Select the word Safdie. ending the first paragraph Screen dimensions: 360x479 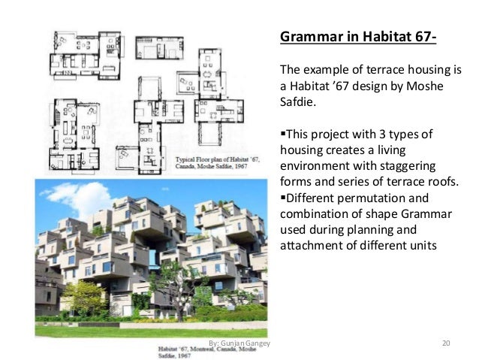pos(299,103)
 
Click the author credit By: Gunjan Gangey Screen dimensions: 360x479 pos(239,343)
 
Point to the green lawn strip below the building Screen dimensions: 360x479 pos(150,331)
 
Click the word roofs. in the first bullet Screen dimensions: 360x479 pos(443,183)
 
